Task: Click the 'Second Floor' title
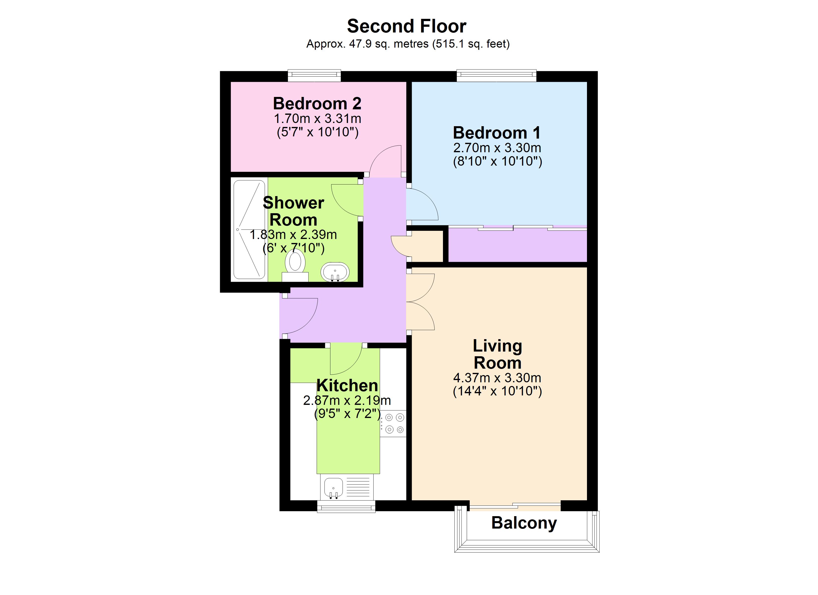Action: click(407, 26)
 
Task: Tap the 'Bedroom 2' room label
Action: click(317, 104)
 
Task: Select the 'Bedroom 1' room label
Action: click(497, 133)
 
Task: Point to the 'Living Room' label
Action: click(497, 354)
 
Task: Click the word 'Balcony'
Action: click(524, 523)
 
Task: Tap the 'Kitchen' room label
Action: click(347, 385)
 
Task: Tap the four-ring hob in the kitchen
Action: click(394, 423)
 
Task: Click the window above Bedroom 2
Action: click(314, 75)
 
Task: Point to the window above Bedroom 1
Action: click(496, 75)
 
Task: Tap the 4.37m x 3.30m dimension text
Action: click(497, 378)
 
